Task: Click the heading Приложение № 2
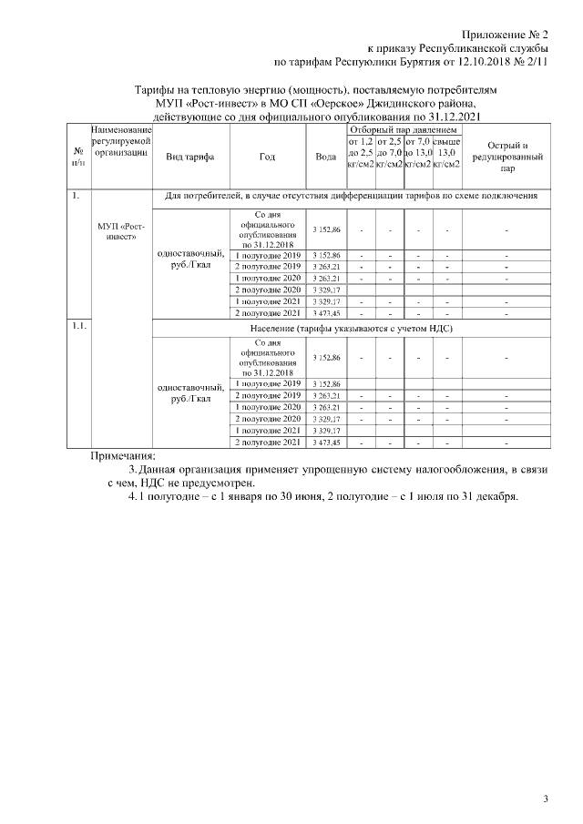pos(504,33)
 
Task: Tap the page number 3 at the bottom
pos(546,799)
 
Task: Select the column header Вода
pos(325,157)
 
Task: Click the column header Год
pos(267,157)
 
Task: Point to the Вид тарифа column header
pos(189,157)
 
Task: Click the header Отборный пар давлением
pos(404,132)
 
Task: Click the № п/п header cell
pos(79,157)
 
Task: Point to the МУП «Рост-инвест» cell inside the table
pos(121,231)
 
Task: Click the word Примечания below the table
pos(123,456)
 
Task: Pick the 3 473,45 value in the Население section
pos(325,442)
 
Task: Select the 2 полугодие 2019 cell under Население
pos(267,395)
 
